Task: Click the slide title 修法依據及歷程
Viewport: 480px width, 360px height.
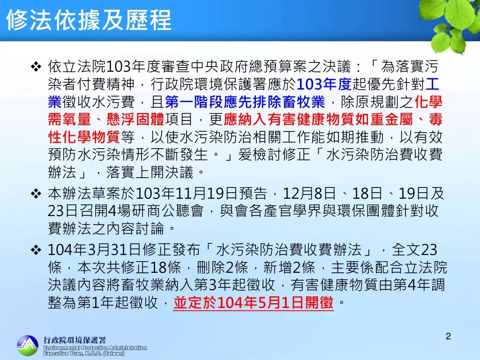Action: click(x=89, y=20)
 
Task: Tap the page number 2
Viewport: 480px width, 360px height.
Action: click(x=448, y=336)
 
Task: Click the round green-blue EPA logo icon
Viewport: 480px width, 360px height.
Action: click(x=28, y=345)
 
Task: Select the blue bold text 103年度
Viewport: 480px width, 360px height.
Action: click(x=324, y=84)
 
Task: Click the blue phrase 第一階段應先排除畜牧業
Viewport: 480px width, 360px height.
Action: click(x=245, y=102)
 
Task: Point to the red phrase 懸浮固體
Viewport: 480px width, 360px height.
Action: click(x=135, y=120)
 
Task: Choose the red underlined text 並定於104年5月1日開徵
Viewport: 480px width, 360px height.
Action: click(x=254, y=303)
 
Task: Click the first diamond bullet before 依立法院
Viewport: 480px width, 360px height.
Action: click(x=36, y=67)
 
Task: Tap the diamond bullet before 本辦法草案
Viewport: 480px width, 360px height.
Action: click(x=36, y=194)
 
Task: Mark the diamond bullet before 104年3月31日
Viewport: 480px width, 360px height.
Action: click(x=36, y=250)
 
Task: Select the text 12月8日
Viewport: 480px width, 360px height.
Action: click(x=309, y=194)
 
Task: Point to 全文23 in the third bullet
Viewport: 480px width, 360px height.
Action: click(x=414, y=250)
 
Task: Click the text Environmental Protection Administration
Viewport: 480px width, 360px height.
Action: click(x=95, y=348)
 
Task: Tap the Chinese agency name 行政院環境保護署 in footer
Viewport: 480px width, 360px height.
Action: click(x=75, y=340)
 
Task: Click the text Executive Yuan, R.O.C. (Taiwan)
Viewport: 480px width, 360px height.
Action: click(x=84, y=353)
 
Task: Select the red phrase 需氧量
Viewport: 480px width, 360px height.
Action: click(x=69, y=120)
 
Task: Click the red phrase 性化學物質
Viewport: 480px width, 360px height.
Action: click(x=84, y=137)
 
